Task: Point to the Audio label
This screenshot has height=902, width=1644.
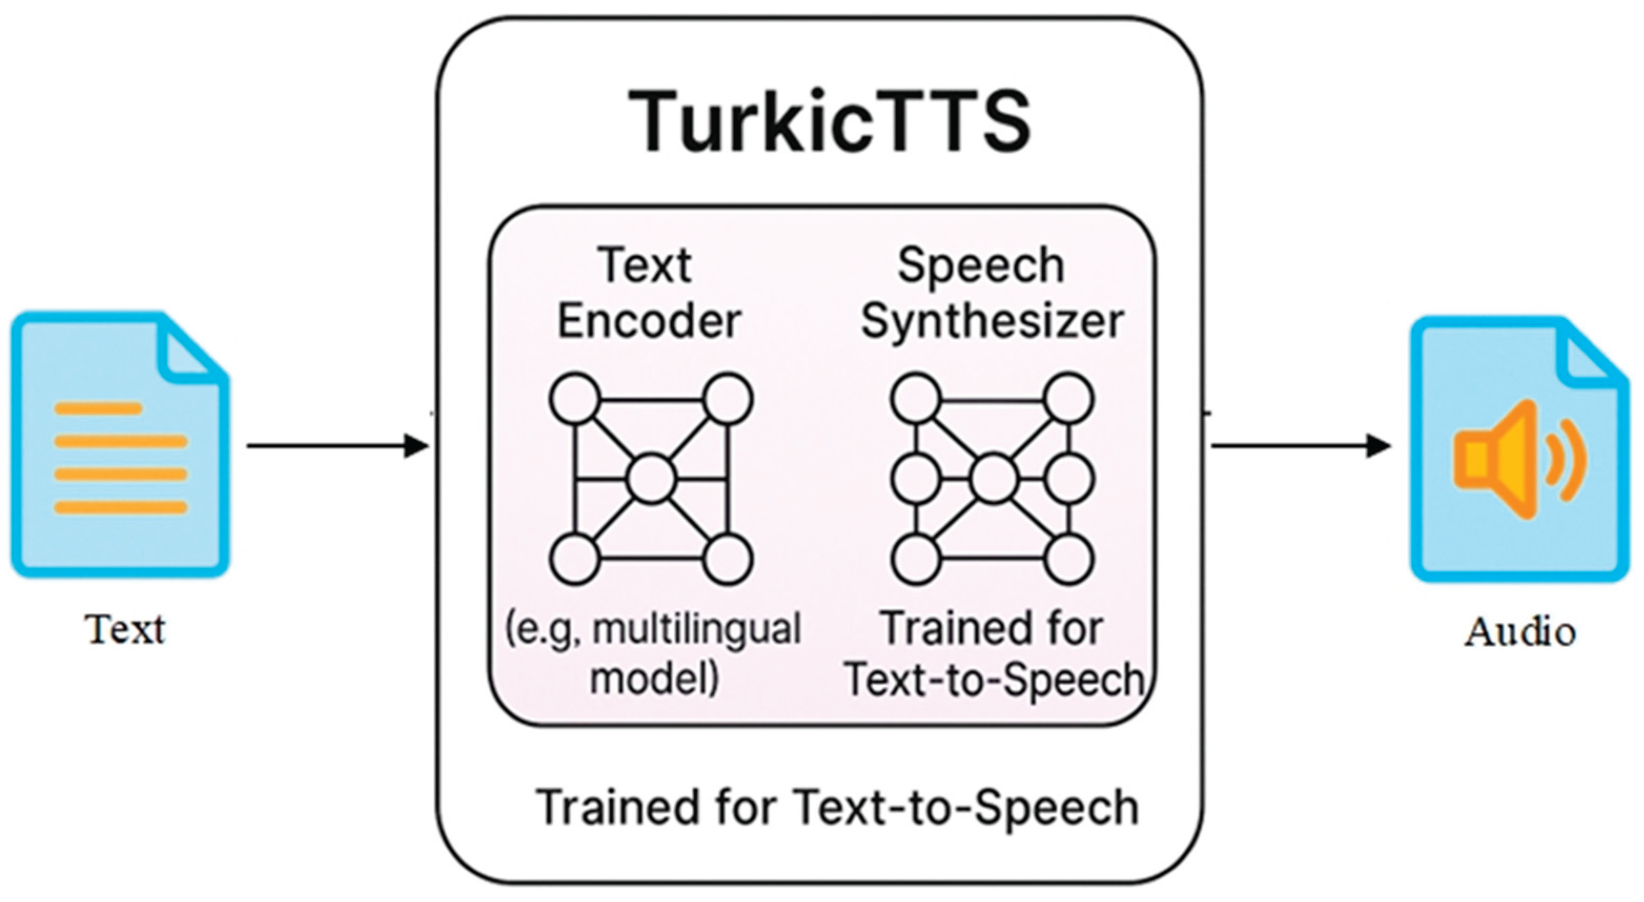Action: (x=1520, y=633)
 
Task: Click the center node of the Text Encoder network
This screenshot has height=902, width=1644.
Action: (x=651, y=479)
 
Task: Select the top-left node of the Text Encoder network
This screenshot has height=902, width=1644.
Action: (x=574, y=399)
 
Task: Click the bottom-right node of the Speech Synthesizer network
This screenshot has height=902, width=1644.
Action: (x=1069, y=559)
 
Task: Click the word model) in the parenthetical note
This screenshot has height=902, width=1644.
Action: (x=654, y=678)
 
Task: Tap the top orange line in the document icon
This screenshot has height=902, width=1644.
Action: (x=98, y=408)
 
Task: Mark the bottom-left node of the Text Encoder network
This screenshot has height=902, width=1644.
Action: (x=574, y=559)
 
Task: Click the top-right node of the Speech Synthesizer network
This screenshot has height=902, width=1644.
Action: (x=1069, y=399)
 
